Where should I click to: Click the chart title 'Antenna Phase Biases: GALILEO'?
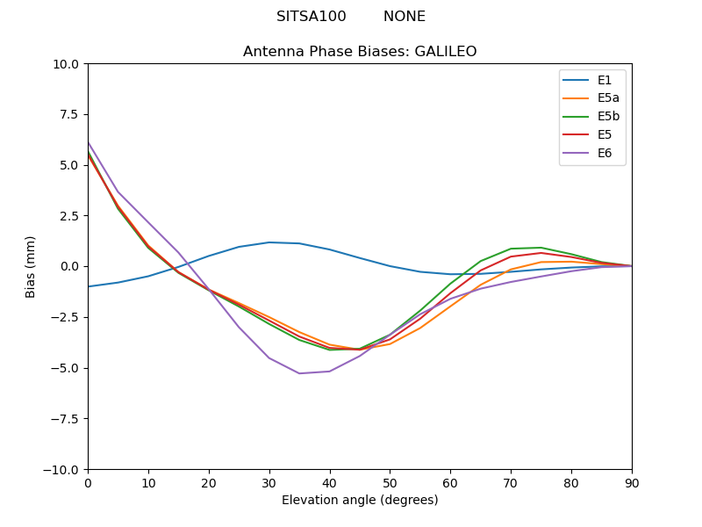360,52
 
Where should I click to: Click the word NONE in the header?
404,17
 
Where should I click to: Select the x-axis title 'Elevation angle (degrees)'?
360,501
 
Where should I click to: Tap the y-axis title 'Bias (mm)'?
31,266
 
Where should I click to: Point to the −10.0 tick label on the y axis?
64,469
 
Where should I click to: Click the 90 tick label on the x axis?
632,482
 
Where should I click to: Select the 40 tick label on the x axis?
330,482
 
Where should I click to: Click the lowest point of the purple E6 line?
299,373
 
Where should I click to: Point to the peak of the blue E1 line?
269,242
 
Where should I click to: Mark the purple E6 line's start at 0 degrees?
88,142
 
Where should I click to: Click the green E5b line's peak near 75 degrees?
541,248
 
